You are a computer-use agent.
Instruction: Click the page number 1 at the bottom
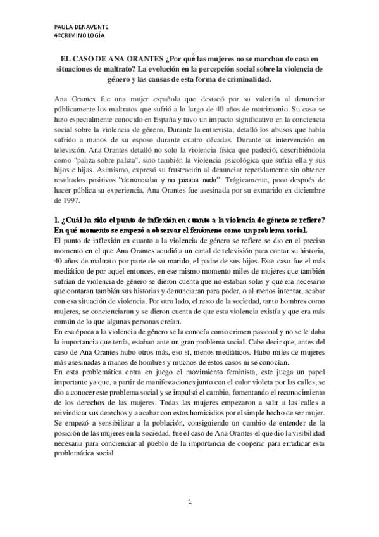(x=189, y=502)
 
